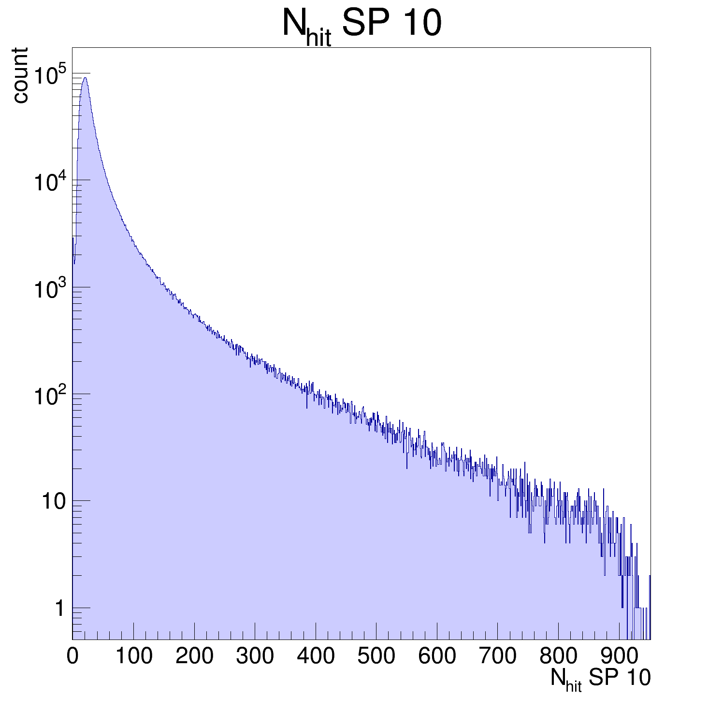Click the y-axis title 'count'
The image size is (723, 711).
(x=20, y=75)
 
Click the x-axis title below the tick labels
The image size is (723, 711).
(x=600, y=679)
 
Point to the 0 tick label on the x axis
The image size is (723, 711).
(x=72, y=656)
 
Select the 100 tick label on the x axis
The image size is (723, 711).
(x=133, y=656)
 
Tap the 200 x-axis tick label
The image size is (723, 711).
(x=194, y=656)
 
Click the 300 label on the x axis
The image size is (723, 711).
(x=255, y=656)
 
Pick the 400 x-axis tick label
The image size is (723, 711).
(x=316, y=656)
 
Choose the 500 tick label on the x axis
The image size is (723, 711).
(x=376, y=656)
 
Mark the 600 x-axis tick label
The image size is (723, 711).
(x=437, y=656)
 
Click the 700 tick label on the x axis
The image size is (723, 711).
(x=497, y=656)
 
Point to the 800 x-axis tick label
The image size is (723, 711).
(x=558, y=656)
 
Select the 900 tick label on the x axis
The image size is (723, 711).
(x=619, y=656)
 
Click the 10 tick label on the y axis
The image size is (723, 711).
(x=53, y=502)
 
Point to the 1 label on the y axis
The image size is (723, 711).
(x=59, y=609)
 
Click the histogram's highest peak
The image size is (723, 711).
(x=85, y=78)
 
